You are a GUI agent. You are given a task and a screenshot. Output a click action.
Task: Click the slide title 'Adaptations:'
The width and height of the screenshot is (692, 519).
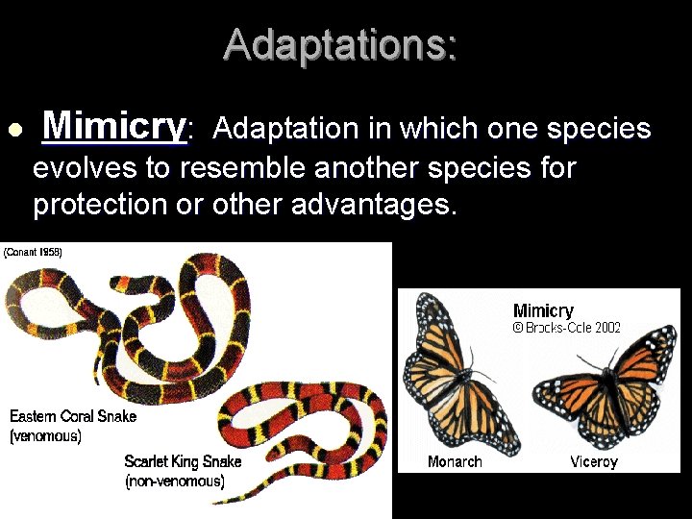(x=341, y=45)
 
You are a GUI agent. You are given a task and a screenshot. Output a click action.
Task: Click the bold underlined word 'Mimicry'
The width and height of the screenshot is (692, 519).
(x=114, y=126)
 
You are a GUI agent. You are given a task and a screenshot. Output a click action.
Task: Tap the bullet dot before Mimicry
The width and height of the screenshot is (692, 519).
(x=12, y=130)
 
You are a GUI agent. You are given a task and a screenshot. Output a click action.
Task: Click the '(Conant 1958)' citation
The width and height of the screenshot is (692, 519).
(x=34, y=252)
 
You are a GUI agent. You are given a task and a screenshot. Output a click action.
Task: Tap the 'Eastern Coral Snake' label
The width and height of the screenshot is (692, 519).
(x=73, y=416)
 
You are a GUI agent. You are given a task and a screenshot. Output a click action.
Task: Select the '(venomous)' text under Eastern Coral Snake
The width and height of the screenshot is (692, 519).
(x=45, y=435)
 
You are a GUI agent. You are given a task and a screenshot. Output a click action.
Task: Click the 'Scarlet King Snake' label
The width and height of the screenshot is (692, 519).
(x=183, y=462)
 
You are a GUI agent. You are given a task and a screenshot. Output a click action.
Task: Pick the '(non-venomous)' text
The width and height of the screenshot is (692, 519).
(x=174, y=482)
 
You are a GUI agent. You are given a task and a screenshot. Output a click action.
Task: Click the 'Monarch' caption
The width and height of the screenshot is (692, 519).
(x=455, y=462)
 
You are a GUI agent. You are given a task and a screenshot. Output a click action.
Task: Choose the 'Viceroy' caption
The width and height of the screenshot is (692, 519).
(x=593, y=462)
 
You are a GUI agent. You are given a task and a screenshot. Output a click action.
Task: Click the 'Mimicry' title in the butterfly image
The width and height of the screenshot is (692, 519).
(x=543, y=310)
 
